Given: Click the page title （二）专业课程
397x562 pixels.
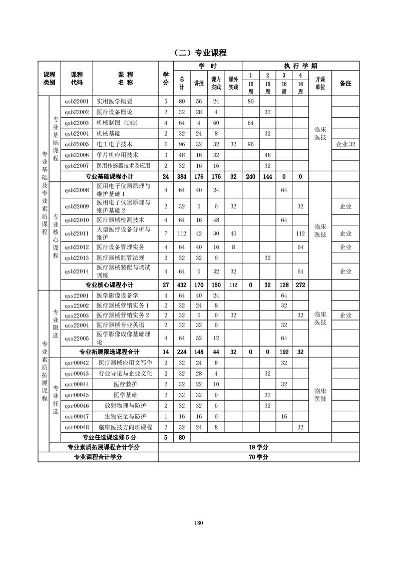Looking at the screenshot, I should [x=199, y=53].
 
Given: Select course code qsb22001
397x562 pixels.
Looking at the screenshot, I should [x=76, y=101].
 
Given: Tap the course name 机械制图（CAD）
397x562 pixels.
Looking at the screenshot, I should [x=116, y=123].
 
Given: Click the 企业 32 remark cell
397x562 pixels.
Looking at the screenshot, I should [x=345, y=144].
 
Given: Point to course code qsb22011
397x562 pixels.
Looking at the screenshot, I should [x=76, y=233].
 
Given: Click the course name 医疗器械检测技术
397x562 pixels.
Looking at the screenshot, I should [x=120, y=220].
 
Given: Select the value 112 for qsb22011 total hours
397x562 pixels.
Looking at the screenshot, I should [x=182, y=233].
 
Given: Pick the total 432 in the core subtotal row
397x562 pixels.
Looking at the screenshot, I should [x=182, y=285].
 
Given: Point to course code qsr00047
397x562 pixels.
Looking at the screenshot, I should [x=76, y=416].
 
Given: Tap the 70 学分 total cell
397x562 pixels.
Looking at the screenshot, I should [x=258, y=457].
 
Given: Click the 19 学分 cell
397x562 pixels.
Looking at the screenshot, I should [x=258, y=447].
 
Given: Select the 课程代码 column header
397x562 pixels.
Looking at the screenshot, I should [x=76, y=78].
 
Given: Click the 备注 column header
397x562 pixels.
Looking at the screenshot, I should [x=345, y=83].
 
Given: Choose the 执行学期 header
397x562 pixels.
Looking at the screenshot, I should [x=300, y=66].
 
